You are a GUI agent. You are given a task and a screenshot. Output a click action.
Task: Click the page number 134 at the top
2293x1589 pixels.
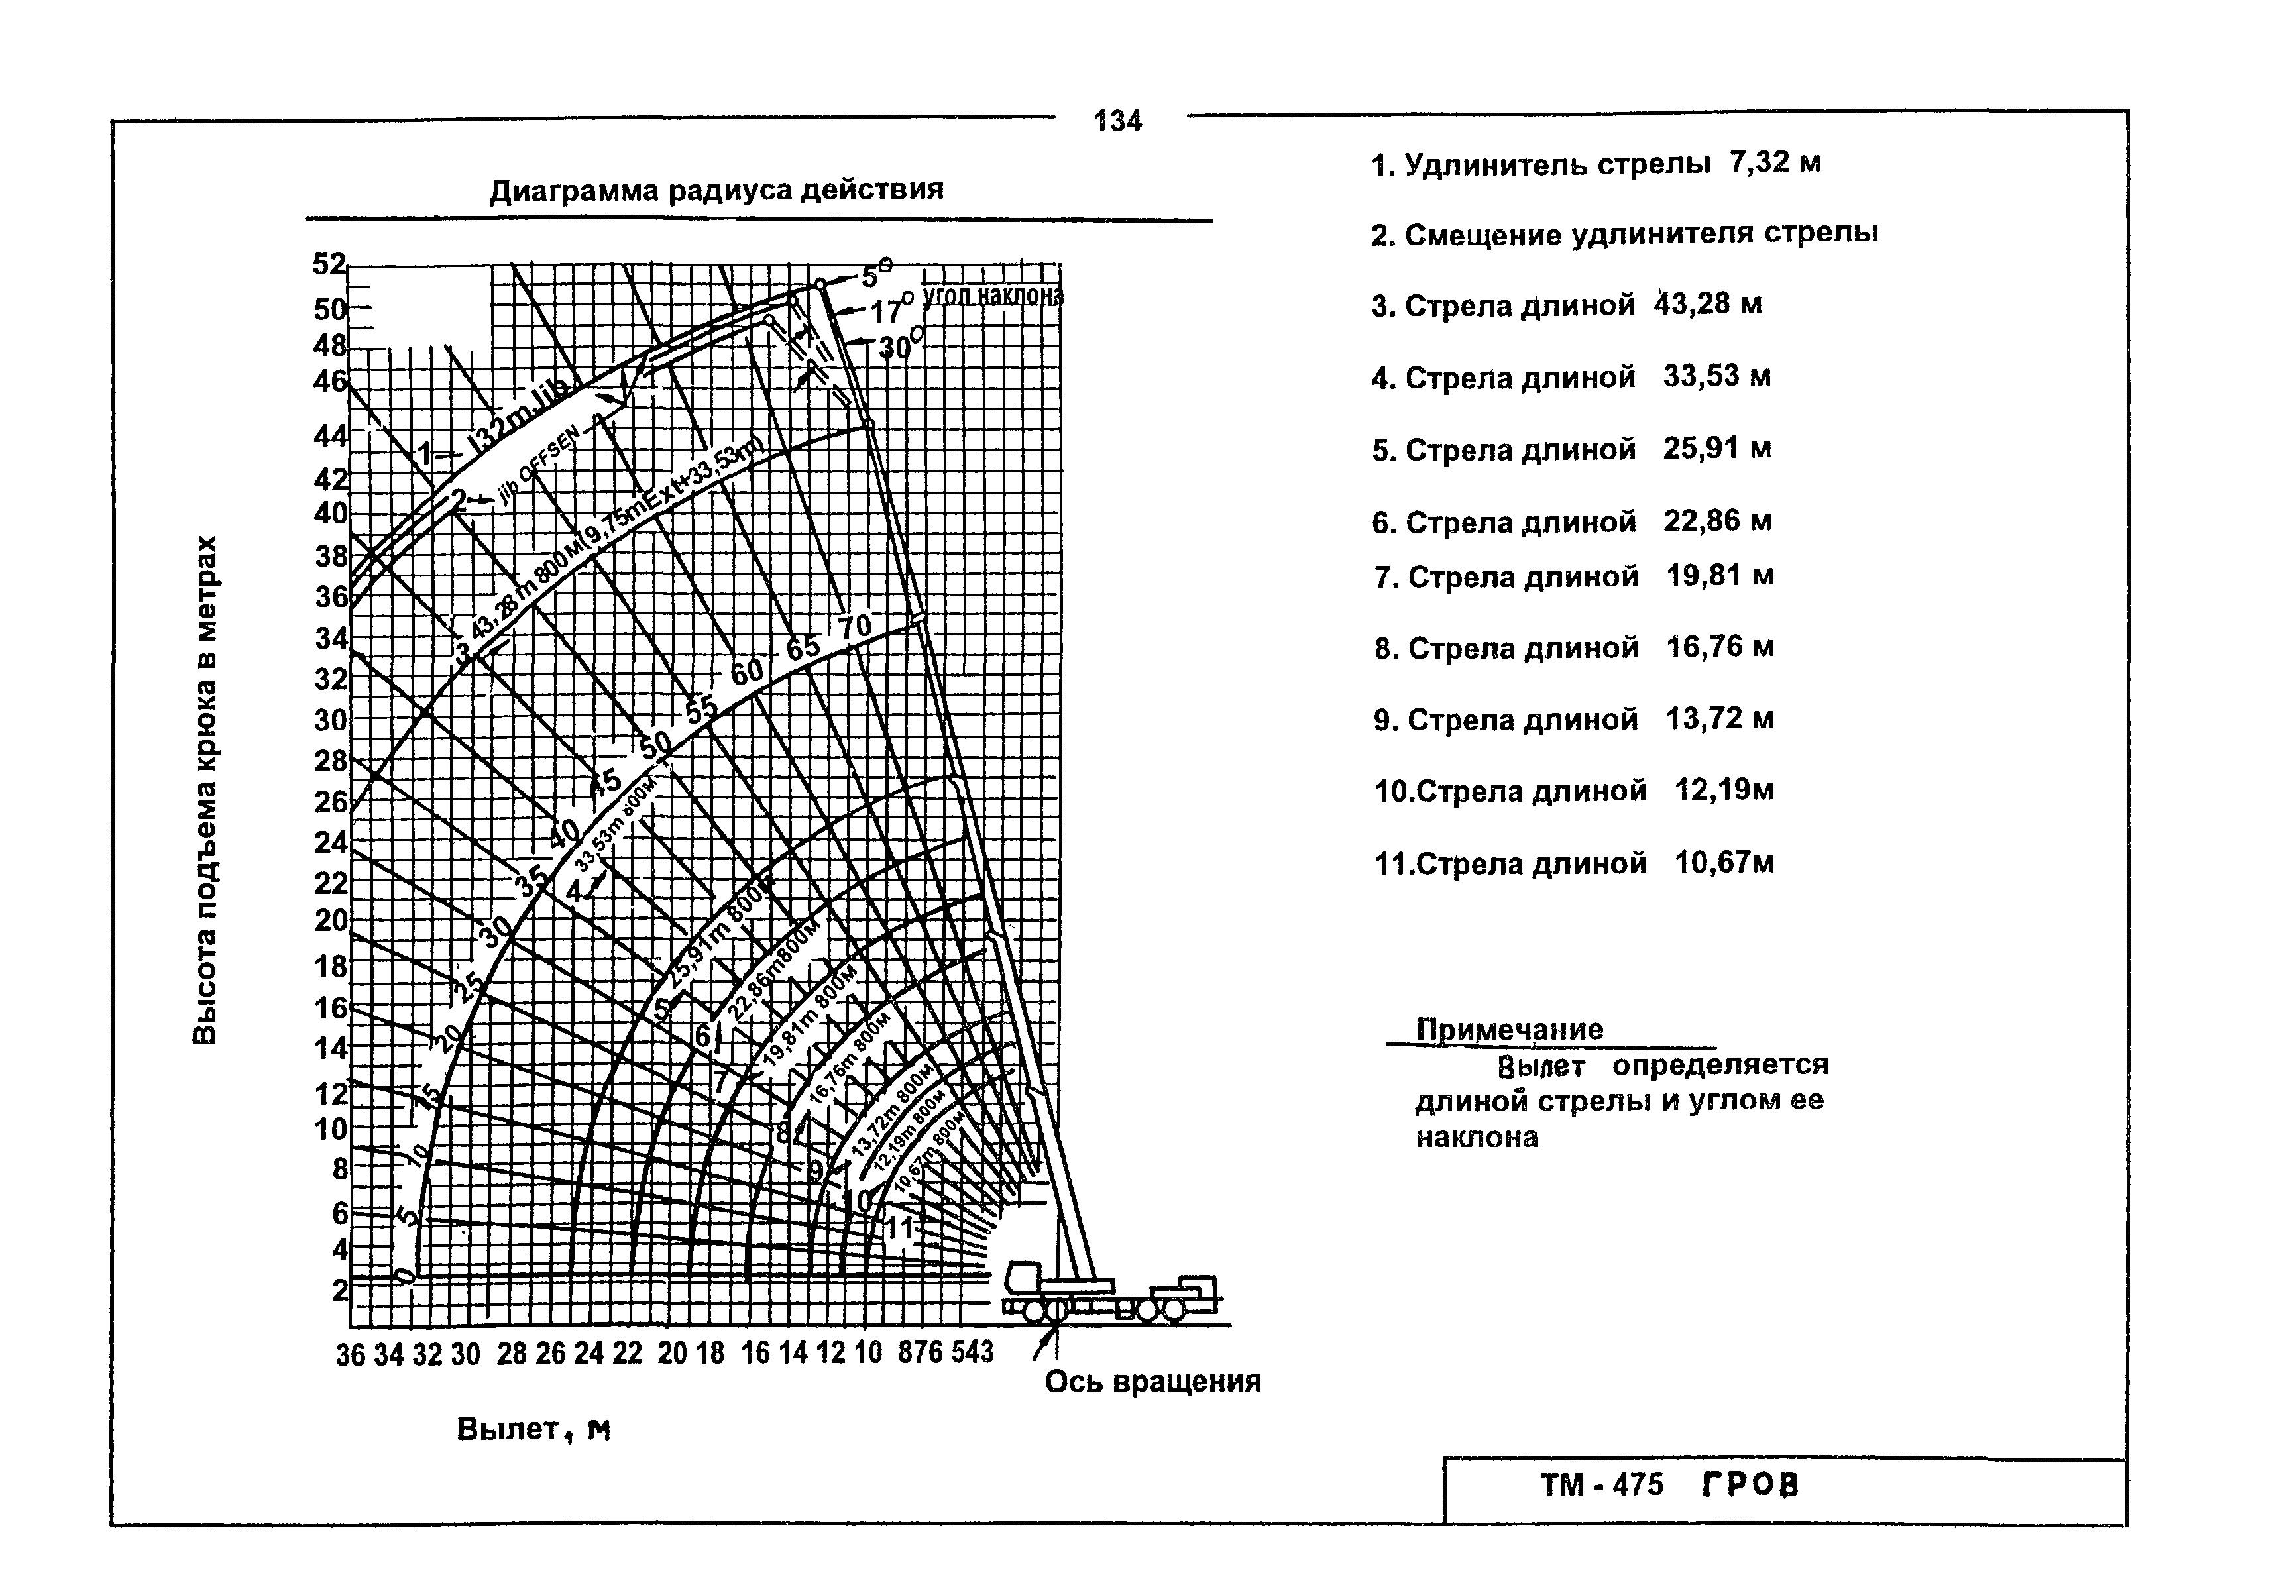coord(1117,121)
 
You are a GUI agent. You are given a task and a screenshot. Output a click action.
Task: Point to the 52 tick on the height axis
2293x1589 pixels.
coord(329,265)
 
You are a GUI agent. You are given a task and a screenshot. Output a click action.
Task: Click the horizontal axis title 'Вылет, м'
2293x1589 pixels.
coord(533,1430)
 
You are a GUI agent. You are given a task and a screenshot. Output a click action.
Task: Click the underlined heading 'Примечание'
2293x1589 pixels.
coord(1510,1030)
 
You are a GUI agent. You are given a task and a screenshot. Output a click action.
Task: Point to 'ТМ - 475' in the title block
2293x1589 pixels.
coord(1602,1486)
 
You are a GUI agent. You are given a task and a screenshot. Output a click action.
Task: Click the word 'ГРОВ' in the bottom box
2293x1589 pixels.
coord(1750,1486)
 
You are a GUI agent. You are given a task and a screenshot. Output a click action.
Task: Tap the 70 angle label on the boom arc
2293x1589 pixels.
coord(854,628)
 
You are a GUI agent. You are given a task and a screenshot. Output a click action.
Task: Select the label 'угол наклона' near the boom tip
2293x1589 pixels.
coord(993,295)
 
